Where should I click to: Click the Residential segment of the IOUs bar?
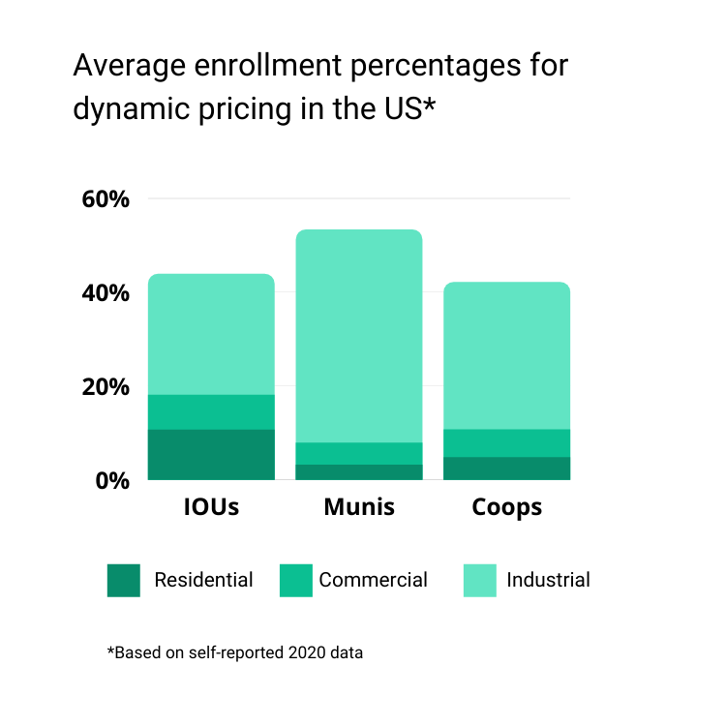click(x=211, y=454)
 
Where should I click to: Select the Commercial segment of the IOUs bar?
click(x=211, y=411)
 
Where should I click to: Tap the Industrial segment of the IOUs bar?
click(x=211, y=334)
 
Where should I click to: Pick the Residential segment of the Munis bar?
click(x=359, y=471)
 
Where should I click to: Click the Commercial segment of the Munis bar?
click(x=359, y=453)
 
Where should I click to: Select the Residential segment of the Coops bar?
click(x=506, y=468)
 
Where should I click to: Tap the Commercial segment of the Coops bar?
click(x=506, y=442)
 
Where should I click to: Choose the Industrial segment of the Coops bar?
click(x=506, y=355)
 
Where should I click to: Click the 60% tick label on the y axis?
click(x=105, y=199)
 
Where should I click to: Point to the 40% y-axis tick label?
click(x=105, y=293)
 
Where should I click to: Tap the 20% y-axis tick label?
click(x=105, y=387)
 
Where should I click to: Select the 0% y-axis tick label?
click(x=110, y=480)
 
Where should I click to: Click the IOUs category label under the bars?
click(x=211, y=507)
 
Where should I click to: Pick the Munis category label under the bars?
click(x=359, y=507)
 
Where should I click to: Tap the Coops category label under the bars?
click(x=506, y=507)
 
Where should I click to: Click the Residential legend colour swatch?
click(x=124, y=580)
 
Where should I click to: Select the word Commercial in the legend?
click(x=373, y=580)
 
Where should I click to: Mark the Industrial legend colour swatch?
click(x=480, y=580)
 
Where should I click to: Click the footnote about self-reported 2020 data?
click(x=235, y=652)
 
